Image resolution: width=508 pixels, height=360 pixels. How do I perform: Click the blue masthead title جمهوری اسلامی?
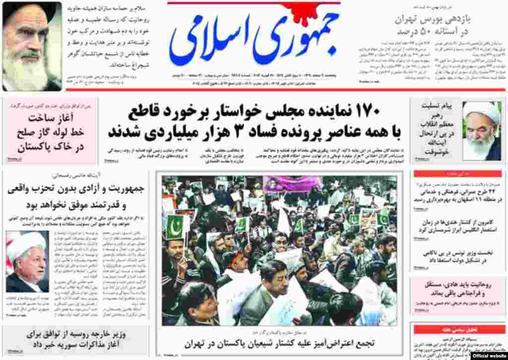pyautogui.click(x=254, y=45)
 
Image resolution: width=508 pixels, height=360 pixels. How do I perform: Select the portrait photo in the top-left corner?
pyautogui.click(x=32, y=46)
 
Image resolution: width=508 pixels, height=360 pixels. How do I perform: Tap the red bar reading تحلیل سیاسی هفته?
pyautogui.click(x=459, y=329)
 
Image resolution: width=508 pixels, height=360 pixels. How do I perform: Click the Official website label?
pyautogui.click(x=487, y=355)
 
